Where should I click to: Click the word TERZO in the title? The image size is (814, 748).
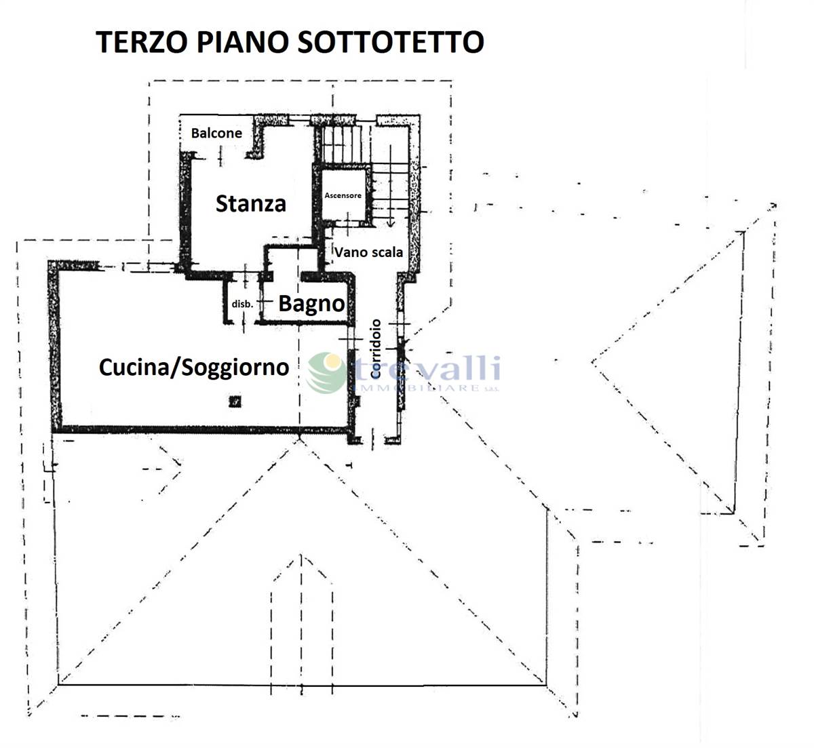pyautogui.click(x=141, y=42)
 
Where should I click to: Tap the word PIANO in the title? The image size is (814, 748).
pyautogui.click(x=242, y=42)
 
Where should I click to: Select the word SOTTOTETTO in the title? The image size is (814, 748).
pyautogui.click(x=391, y=42)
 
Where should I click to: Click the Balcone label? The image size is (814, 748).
pyautogui.click(x=216, y=133)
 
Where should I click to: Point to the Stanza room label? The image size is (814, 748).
pyautogui.click(x=251, y=203)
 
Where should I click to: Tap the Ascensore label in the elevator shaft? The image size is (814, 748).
pyautogui.click(x=343, y=195)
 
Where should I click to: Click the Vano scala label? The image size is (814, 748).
pyautogui.click(x=368, y=252)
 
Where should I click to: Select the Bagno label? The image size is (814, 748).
pyautogui.click(x=311, y=304)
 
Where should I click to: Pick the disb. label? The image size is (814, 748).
pyautogui.click(x=242, y=304)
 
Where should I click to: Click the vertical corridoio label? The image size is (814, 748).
pyautogui.click(x=376, y=349)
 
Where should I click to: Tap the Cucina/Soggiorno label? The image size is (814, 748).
pyautogui.click(x=194, y=368)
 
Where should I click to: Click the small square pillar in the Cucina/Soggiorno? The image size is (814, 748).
pyautogui.click(x=235, y=401)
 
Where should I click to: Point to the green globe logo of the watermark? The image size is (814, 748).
pyautogui.click(x=327, y=372)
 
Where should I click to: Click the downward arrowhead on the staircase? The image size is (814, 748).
pyautogui.click(x=390, y=223)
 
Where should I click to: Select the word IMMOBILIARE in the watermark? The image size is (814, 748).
pyautogui.click(x=418, y=388)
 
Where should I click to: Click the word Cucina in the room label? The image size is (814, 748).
pyautogui.click(x=134, y=368)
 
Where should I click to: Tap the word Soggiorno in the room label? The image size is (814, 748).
pyautogui.click(x=235, y=368)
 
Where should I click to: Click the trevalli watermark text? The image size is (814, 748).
pyautogui.click(x=427, y=368)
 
